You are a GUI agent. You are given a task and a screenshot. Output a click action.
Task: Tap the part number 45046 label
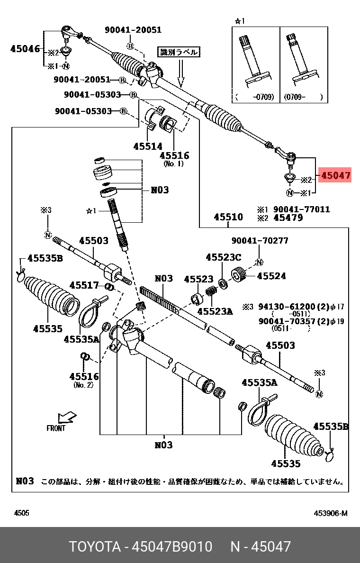pos(25,48)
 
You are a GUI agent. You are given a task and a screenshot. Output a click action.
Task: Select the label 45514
pos(147,146)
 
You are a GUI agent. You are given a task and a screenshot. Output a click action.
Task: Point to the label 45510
pos(228,217)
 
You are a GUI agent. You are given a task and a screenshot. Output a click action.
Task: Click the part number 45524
pos(271,276)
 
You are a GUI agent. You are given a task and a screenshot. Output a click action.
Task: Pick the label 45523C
pos(223,257)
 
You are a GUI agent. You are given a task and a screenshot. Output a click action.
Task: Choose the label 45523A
pos(215,311)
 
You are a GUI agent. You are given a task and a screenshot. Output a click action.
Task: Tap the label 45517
pos(84,285)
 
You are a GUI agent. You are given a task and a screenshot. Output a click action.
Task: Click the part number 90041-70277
pos(260,241)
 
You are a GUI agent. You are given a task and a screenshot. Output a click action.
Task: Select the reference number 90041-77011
pos(302,209)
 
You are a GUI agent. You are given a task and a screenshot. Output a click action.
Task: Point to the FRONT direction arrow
pos(65,418)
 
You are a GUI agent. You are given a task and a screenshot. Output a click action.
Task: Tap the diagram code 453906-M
pos(330,513)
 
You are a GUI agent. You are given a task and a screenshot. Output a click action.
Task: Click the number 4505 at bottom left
pos(21,513)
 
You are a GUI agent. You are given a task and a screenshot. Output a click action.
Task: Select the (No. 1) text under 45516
pos(174,164)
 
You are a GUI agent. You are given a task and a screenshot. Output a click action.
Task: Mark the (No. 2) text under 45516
pos(84,385)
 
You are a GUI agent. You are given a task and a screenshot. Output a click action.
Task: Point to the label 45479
pos(288,218)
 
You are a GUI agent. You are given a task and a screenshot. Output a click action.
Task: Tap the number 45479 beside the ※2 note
pos(288,218)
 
